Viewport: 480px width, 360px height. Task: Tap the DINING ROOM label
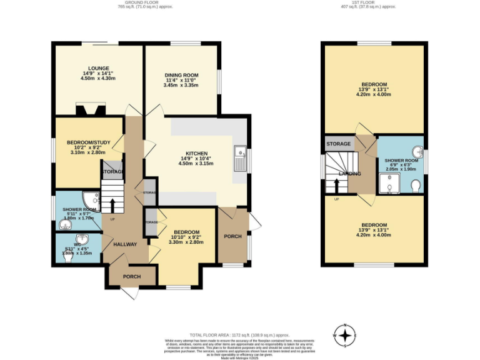tap(181, 76)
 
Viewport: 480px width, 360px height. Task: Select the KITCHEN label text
tap(196, 153)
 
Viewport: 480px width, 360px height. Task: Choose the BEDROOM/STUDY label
tap(89, 142)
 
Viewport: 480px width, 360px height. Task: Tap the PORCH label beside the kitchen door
tap(232, 236)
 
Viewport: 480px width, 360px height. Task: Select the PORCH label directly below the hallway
tap(131, 277)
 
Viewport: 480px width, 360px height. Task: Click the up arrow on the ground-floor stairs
tap(112, 204)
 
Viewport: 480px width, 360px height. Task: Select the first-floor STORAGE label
tap(338, 144)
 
